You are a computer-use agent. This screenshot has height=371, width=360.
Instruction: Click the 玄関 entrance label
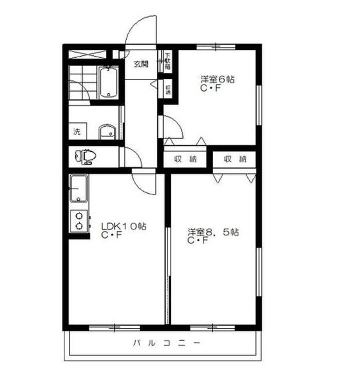(141, 64)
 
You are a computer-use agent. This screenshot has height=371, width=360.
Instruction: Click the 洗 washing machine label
(77, 131)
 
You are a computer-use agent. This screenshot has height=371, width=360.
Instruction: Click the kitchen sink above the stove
(79, 189)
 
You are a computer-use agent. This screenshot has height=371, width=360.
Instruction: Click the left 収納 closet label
(185, 159)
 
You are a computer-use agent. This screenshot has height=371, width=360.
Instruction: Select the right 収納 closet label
(235, 159)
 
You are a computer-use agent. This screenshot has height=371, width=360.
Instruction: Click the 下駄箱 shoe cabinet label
(168, 61)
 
